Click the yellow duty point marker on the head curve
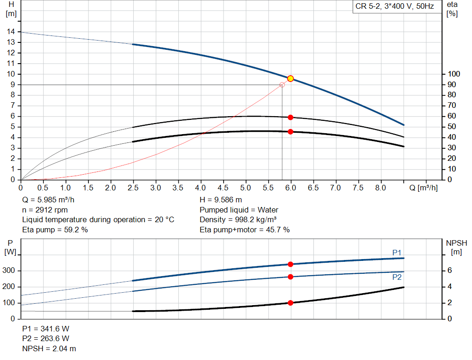tap(290, 78)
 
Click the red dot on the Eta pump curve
tap(290, 117)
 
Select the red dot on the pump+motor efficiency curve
tap(290, 132)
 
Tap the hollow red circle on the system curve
tap(282, 85)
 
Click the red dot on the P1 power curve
tap(290, 264)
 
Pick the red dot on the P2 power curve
tap(290, 277)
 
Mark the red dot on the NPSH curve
tap(290, 303)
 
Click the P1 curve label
tap(397, 252)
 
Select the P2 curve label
tap(397, 277)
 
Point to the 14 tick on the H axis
tap(11, 31)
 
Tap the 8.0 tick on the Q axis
tap(381, 188)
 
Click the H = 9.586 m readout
tap(221, 200)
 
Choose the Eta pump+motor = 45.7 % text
tap(245, 230)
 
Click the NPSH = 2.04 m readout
tap(49, 348)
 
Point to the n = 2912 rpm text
tap(45, 210)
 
